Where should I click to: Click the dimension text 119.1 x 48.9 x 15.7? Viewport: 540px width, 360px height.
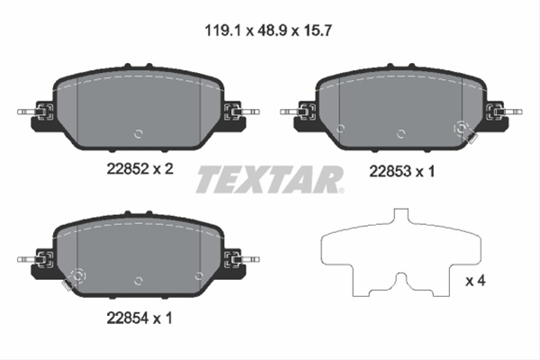(268, 31)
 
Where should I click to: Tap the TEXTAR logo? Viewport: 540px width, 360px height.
(270, 179)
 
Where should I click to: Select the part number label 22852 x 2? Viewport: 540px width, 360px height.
(139, 169)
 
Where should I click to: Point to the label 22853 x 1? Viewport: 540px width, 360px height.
(402, 171)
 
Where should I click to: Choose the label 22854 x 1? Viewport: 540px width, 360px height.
(139, 318)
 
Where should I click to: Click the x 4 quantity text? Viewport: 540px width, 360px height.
(475, 281)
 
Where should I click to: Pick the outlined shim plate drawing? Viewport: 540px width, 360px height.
(400, 253)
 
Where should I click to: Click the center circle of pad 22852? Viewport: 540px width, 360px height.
(139, 134)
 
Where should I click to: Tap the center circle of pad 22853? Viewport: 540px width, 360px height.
(400, 134)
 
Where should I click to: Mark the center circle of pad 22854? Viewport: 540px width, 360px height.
(139, 281)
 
